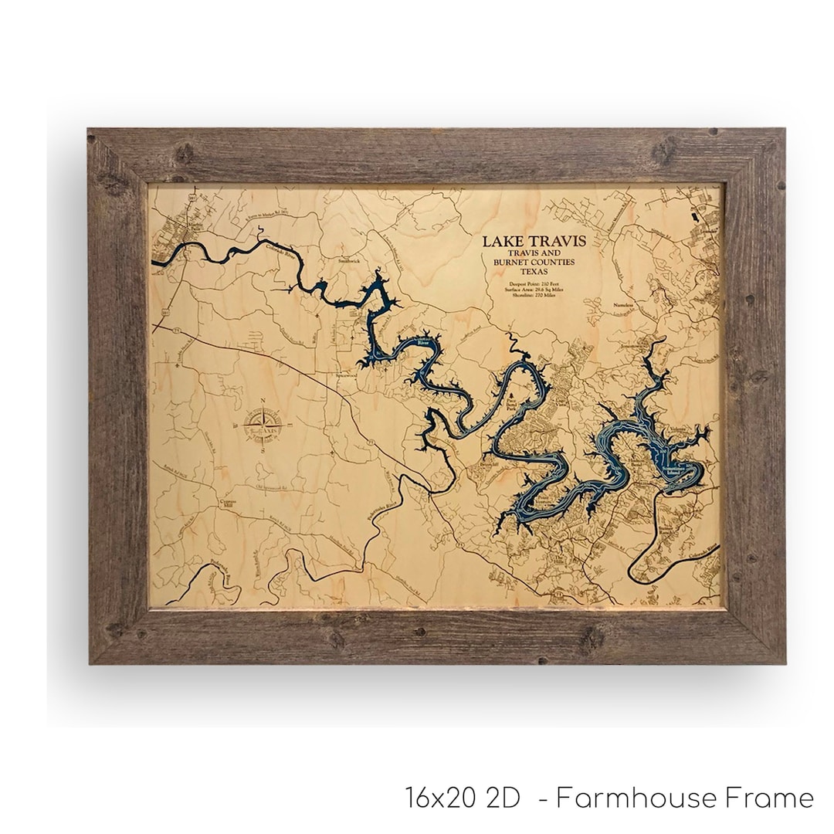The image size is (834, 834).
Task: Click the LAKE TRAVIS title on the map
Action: [534, 241]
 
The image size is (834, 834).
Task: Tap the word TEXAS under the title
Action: [534, 272]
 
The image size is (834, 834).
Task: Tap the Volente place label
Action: [676, 430]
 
